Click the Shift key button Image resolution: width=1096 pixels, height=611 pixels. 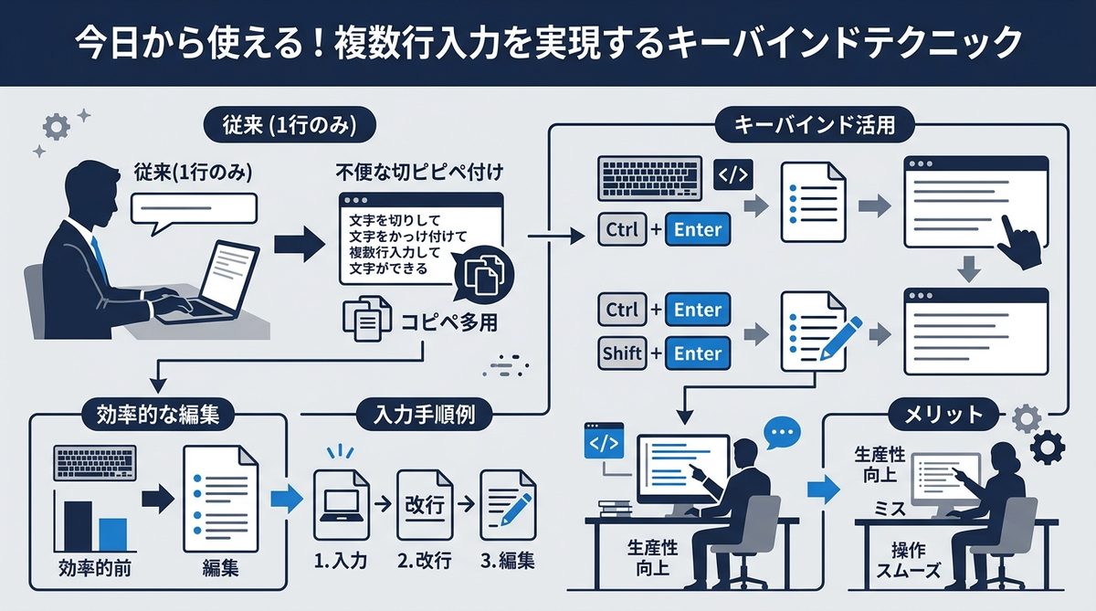(x=622, y=353)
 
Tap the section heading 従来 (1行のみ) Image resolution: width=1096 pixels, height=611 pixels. (x=287, y=123)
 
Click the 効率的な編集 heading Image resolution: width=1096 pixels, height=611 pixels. (x=157, y=414)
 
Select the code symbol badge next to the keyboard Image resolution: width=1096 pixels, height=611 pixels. (x=731, y=174)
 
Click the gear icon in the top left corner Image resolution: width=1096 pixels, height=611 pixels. (x=57, y=128)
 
